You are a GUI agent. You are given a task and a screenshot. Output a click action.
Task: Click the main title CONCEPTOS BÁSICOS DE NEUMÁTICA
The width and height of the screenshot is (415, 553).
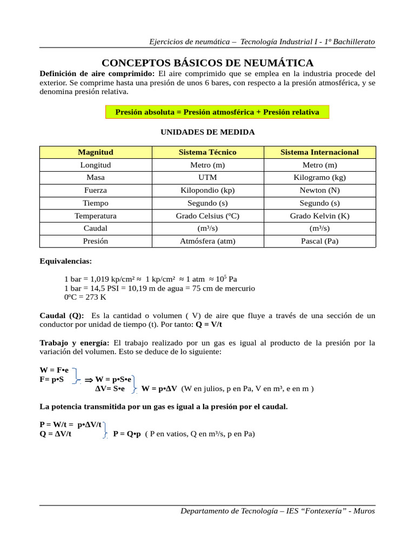pos(207,63)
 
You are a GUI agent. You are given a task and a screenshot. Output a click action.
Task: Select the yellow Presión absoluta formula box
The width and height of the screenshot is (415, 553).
pos(217,112)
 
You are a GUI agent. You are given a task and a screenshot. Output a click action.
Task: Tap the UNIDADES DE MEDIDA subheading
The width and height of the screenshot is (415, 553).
pos(207,132)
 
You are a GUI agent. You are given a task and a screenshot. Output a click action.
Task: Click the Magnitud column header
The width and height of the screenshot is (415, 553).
pos(96,152)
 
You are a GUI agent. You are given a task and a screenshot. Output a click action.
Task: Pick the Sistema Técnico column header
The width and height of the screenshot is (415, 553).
pos(207,152)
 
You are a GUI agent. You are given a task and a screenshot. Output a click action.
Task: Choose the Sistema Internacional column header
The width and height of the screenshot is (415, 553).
pos(319,152)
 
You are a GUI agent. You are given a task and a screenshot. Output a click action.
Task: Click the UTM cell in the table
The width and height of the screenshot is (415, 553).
pos(207,177)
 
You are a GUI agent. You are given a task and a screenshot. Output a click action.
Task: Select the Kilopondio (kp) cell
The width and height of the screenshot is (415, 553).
pos(207,190)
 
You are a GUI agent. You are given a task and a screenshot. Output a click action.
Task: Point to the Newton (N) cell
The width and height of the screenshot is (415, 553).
pos(319,190)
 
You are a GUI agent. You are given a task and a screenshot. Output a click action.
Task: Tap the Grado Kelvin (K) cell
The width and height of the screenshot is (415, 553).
pos(319,215)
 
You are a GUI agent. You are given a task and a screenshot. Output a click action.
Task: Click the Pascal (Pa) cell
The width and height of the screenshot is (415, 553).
pos(319,241)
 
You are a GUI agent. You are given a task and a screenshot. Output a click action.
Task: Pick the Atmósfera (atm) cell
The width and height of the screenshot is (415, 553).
pos(207,241)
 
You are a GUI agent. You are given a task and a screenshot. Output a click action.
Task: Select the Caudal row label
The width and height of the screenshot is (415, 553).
pos(96,228)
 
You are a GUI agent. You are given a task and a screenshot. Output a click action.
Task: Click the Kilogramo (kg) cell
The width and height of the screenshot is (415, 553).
pos(319,177)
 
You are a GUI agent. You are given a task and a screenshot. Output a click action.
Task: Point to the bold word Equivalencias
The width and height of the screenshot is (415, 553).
pos(66,261)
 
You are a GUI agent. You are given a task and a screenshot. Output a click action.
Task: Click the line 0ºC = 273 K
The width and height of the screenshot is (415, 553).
pos(85,297)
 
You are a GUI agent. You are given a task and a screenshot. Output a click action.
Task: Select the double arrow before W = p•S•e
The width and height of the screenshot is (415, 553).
pos(89,380)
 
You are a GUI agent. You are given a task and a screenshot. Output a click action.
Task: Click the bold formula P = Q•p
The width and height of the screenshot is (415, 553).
pos(128,434)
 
